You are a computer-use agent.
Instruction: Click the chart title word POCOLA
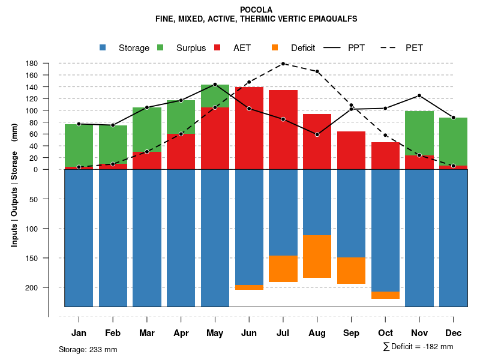(256, 10)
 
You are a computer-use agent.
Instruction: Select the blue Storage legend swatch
(103, 47)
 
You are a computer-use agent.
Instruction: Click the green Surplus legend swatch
(160, 47)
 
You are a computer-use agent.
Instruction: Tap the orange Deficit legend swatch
(275, 47)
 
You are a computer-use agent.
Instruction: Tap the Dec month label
(454, 333)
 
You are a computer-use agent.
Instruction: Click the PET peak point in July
(283, 64)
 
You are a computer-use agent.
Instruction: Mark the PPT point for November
(419, 95)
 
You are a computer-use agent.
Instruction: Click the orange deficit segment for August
(317, 256)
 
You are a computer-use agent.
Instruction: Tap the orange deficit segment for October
(385, 295)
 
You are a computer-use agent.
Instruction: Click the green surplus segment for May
(215, 96)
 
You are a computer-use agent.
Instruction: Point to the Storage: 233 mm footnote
(88, 349)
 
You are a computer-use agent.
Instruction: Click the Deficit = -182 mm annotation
(418, 347)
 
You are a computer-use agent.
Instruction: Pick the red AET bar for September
(352, 150)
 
